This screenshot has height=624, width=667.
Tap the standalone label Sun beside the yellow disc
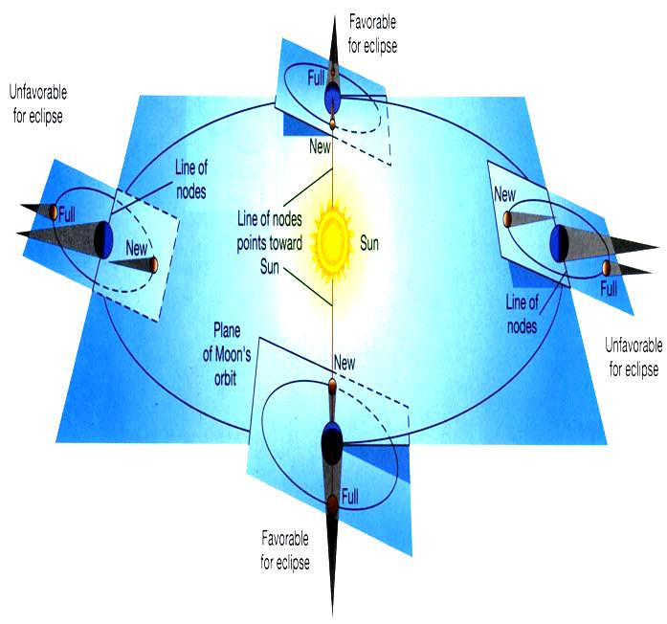click(x=368, y=243)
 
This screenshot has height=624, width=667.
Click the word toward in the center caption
click(x=287, y=243)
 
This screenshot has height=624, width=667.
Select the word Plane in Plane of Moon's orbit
click(x=227, y=330)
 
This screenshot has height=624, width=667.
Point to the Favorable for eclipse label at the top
click(x=372, y=33)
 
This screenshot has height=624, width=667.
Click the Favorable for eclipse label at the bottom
click(x=285, y=550)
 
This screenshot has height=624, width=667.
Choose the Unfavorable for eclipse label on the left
click(x=38, y=103)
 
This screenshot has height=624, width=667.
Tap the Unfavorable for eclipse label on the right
click(x=634, y=357)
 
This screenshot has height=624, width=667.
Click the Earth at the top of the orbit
click(x=333, y=99)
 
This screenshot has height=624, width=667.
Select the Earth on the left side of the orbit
click(x=103, y=239)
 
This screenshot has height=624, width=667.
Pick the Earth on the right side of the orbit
click(x=560, y=244)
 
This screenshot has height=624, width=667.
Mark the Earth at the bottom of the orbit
click(x=332, y=444)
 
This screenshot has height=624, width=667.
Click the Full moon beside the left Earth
click(x=54, y=212)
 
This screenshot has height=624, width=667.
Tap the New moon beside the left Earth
click(x=153, y=264)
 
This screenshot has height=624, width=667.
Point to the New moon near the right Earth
click(x=507, y=219)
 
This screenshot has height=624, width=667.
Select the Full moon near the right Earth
click(x=607, y=268)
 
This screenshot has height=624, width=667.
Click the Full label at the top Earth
click(x=316, y=78)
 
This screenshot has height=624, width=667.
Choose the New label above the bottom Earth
click(x=345, y=363)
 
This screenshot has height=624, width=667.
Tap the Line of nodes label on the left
click(x=191, y=180)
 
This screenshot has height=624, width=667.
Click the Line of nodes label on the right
click(x=522, y=314)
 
